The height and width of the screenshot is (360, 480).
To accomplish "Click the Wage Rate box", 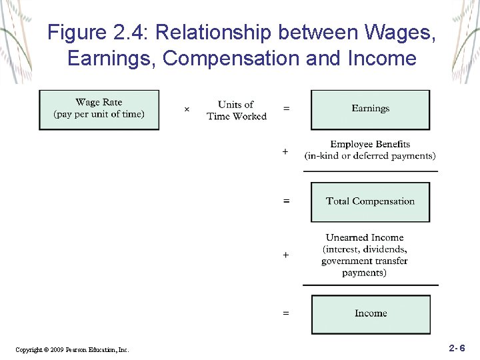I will point(99,109).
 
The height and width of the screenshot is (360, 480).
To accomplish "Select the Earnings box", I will point(370,109).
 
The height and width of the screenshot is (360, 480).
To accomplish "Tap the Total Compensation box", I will point(370,201).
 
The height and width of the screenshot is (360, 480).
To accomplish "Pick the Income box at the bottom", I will point(370,313).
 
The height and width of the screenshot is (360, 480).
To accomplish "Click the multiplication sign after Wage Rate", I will point(187,109).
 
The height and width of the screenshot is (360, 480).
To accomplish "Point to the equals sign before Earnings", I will point(286,109).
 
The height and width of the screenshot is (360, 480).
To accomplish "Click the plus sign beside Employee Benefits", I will point(285,152).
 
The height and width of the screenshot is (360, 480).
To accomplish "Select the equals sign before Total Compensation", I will point(286,201).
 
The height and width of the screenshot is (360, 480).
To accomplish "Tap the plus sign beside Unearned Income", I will point(285,255).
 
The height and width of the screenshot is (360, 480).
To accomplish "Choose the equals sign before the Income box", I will point(285,312).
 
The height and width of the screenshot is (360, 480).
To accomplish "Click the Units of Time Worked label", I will point(236,111).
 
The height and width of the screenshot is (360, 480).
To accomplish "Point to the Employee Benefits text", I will point(370,144).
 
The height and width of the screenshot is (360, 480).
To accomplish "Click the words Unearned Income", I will point(365,237).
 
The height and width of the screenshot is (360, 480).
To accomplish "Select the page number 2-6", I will point(457,348).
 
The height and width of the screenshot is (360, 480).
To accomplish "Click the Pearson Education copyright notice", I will point(72,349).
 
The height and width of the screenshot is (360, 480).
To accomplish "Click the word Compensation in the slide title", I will point(231,59).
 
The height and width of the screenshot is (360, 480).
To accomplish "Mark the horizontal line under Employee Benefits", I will point(370,171).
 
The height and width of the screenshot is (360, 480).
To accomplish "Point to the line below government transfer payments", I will point(370,285).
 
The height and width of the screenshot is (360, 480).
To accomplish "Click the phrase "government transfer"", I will point(365,261).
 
